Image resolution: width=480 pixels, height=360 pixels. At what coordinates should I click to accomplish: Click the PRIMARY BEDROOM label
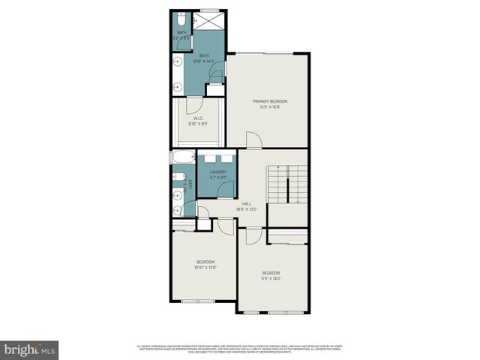[x=270, y=101]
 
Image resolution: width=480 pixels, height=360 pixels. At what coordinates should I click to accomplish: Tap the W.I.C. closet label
[x=199, y=118]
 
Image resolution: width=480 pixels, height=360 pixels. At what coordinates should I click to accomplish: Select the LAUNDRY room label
[x=218, y=172]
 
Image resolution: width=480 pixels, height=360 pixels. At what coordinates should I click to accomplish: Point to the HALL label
[x=246, y=203]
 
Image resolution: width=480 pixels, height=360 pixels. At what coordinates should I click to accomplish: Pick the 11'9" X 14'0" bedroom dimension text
[x=271, y=277]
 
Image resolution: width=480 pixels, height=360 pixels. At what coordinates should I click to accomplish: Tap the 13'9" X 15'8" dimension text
[x=270, y=106]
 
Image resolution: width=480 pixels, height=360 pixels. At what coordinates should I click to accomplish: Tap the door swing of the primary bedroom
[x=253, y=140]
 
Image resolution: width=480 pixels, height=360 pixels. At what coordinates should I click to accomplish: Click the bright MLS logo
[x=30, y=349]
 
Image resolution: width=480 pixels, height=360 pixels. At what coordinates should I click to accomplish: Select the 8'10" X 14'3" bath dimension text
[x=205, y=61]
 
